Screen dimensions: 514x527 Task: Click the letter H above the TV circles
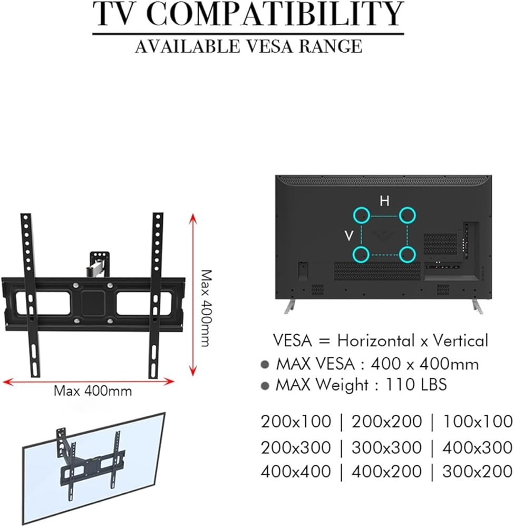[x=384, y=201]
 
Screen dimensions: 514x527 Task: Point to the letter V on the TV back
[x=349, y=236]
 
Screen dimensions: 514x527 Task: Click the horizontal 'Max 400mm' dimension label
[x=93, y=391]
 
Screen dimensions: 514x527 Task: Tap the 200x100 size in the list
[x=296, y=422]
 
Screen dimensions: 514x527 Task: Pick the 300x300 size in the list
[x=386, y=447]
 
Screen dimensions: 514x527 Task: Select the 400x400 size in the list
[x=296, y=471]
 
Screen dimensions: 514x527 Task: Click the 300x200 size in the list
[x=478, y=471]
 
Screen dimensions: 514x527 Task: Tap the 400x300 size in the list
[x=478, y=447]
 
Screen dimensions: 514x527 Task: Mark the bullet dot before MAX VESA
[x=265, y=365]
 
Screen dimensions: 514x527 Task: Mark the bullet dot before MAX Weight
[x=265, y=386]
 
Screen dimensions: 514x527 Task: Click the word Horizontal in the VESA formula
[x=375, y=340]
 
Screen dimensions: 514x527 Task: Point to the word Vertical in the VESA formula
[x=460, y=340]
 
